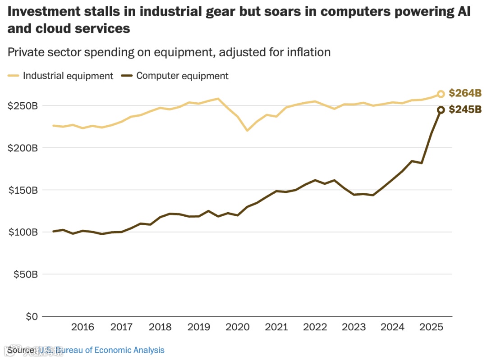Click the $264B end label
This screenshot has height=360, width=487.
click(x=465, y=94)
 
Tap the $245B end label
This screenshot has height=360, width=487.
click(x=465, y=109)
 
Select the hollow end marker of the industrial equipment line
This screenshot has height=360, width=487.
click(x=441, y=94)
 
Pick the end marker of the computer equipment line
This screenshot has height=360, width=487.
click(x=441, y=110)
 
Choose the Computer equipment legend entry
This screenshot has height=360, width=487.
click(x=176, y=76)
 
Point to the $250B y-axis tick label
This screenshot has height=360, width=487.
click(x=22, y=106)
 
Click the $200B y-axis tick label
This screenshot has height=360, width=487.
click(x=22, y=148)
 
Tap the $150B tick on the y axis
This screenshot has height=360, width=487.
click(x=22, y=190)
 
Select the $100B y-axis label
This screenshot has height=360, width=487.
click(x=22, y=232)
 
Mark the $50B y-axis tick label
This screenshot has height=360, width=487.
click(x=24, y=274)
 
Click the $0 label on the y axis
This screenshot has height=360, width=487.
click(x=30, y=316)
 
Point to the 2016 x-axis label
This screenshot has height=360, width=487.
click(x=83, y=327)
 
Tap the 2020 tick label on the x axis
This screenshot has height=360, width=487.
click(x=237, y=327)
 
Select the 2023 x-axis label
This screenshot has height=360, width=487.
click(x=354, y=327)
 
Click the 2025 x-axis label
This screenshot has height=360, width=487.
click(x=431, y=327)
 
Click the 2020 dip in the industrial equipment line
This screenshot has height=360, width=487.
click(x=247, y=130)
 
